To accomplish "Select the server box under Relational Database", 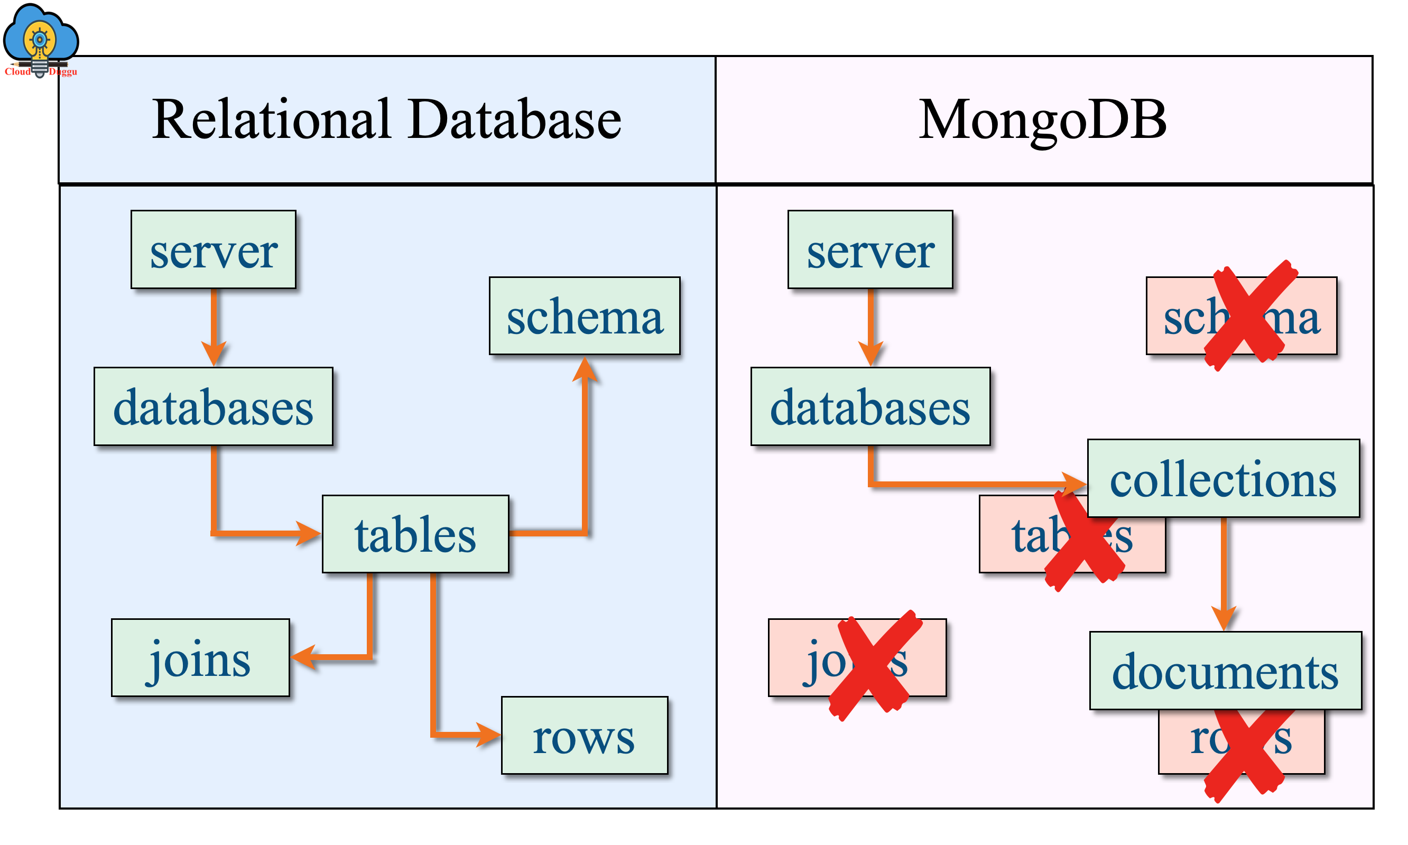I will tap(213, 249).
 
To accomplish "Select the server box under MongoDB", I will tap(869, 249).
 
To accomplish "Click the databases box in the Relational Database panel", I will tap(213, 406).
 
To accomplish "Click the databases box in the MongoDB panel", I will tap(869, 406).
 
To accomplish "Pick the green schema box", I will tap(584, 316).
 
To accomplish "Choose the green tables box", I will tap(415, 534).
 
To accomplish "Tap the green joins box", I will tap(200, 658).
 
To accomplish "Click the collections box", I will tap(1223, 478).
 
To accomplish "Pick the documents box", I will tap(1225, 671).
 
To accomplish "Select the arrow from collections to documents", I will tap(1224, 575).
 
